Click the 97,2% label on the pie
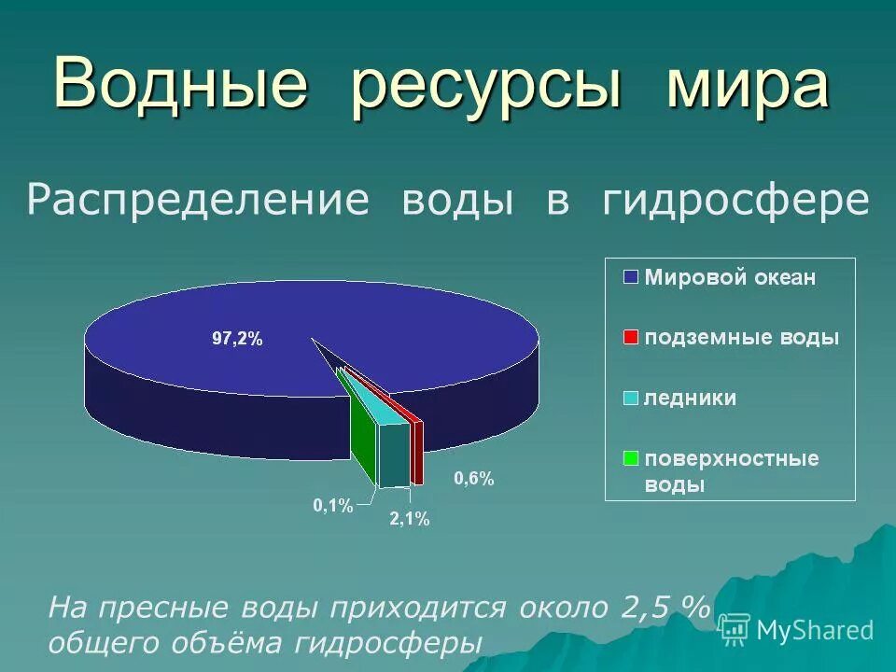point(237,341)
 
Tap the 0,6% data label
point(473,479)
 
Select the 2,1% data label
point(409,520)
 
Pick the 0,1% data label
point(332,506)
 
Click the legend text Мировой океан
point(731,277)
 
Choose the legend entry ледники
point(691,399)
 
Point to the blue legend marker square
point(631,277)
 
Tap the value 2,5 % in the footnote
point(660,609)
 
